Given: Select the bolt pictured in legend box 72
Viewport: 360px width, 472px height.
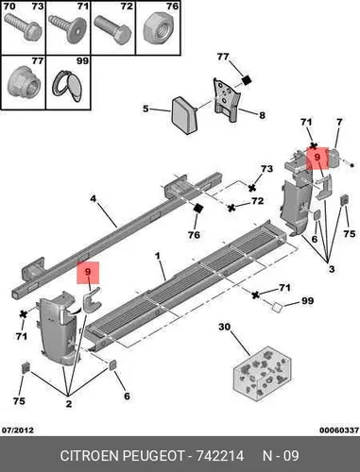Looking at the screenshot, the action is click(113, 31).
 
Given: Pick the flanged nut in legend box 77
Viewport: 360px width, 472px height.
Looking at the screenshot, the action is click(24, 83).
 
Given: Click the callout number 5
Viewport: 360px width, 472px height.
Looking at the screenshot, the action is click(146, 109).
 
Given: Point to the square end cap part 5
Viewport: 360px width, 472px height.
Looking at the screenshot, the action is click(184, 115).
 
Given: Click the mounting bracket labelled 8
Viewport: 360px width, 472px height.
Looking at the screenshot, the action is click(228, 100).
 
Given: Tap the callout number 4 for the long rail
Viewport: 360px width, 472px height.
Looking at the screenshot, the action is click(93, 199).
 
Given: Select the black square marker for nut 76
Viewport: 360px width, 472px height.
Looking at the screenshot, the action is click(198, 208).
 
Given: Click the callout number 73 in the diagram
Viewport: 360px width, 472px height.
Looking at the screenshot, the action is click(266, 169).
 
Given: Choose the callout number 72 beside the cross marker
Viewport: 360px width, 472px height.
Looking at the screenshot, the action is click(257, 201).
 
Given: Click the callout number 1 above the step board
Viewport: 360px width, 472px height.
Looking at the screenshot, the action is click(158, 257).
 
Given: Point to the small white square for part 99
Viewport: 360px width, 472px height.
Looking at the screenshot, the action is click(277, 307).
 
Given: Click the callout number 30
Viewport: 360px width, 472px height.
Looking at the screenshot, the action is click(225, 328).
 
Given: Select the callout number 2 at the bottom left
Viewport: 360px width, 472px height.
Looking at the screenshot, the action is click(69, 404).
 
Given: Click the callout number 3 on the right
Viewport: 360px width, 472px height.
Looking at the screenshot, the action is click(332, 269).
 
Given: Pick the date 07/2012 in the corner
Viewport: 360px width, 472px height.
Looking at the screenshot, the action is click(18, 430).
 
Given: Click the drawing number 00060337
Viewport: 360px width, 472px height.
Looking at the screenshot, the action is click(339, 430).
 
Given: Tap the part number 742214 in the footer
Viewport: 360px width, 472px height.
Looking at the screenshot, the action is click(220, 456).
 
